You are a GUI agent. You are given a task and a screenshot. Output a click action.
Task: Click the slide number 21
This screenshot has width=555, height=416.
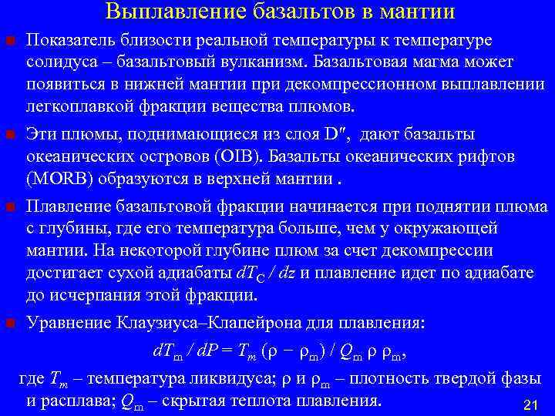point(529,404)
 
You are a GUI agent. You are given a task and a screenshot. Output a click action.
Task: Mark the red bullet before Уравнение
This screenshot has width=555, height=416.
point(9,322)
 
